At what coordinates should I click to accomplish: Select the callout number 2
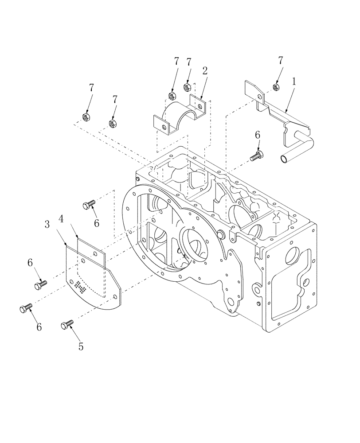(205, 70)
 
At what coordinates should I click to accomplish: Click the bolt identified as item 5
(67, 326)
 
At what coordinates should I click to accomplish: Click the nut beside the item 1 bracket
(276, 87)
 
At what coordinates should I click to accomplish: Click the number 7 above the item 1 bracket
(280, 60)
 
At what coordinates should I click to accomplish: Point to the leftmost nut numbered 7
(86, 117)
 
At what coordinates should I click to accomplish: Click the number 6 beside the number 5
(39, 326)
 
